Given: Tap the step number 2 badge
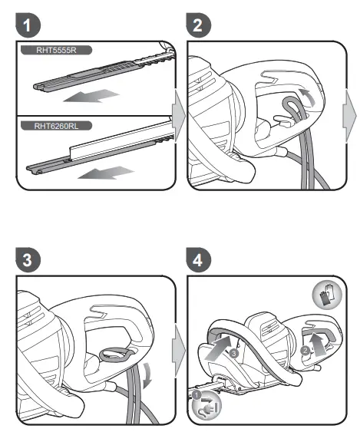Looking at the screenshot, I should tap(198, 26).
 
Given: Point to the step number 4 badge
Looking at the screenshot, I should tap(198, 260).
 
